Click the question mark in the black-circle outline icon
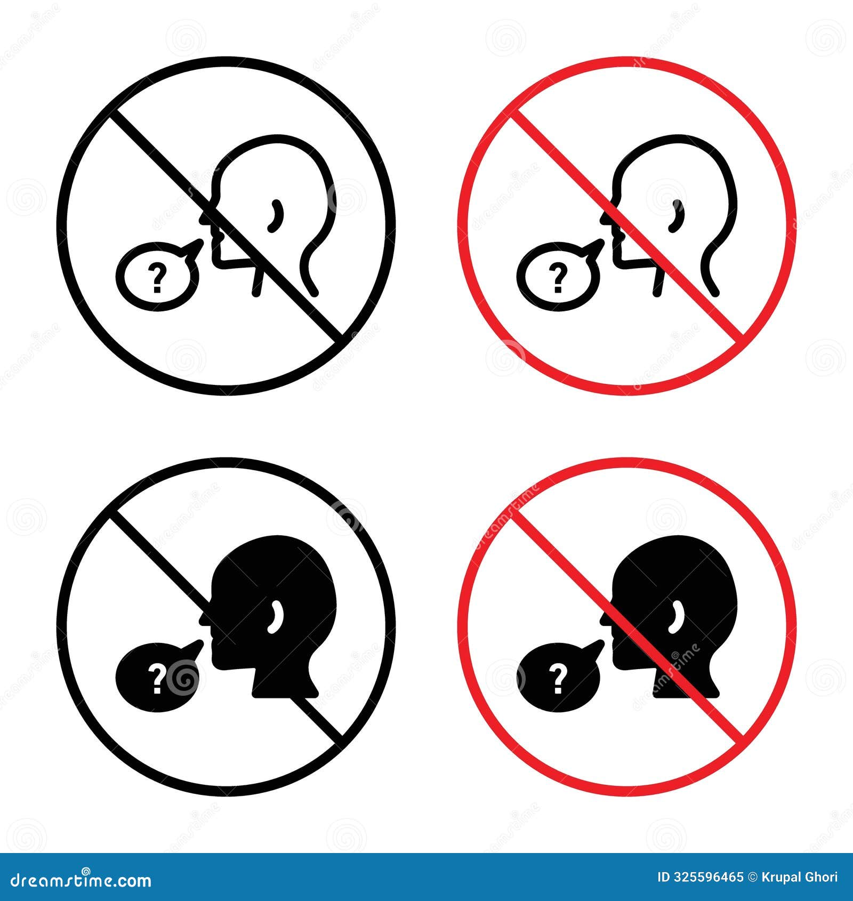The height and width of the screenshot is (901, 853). [x=157, y=277]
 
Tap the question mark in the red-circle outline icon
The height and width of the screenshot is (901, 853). [x=558, y=277]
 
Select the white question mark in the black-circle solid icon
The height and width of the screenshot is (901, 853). [x=157, y=679]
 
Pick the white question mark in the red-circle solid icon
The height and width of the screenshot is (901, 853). [x=558, y=679]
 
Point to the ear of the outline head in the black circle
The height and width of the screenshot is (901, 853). [x=276, y=216]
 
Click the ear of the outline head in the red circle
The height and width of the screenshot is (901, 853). [x=677, y=216]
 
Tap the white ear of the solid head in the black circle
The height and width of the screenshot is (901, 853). [x=276, y=617]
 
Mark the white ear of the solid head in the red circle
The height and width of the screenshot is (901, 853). [x=677, y=617]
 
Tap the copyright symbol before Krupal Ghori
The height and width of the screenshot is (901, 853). [x=754, y=877]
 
